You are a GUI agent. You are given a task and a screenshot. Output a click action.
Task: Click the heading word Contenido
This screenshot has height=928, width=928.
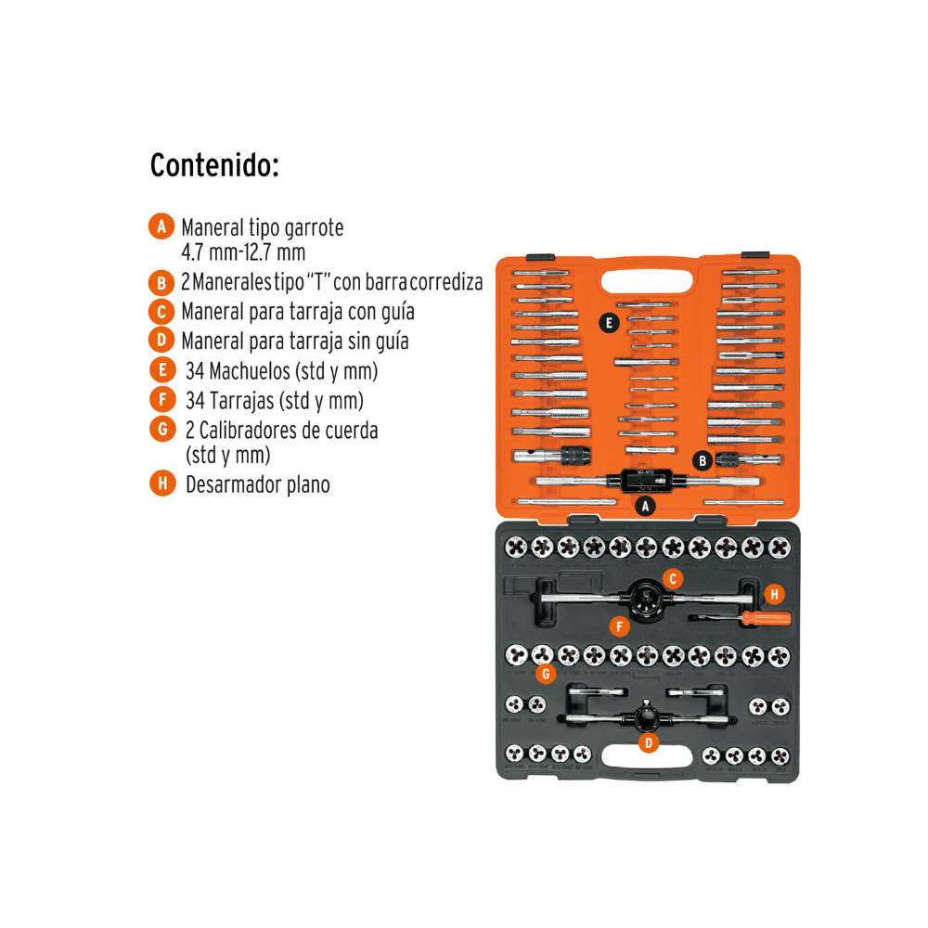tap(213, 166)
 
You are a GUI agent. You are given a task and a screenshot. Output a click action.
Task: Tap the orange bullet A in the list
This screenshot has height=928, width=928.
tap(161, 226)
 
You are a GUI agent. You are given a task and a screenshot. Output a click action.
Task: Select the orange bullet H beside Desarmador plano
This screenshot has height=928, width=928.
tap(161, 483)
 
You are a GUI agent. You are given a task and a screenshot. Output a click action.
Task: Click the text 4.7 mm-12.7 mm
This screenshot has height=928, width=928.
tap(243, 251)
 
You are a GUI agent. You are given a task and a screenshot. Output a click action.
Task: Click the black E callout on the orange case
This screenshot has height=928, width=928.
tap(608, 323)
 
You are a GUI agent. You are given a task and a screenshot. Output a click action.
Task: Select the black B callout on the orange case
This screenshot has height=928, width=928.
tap(703, 459)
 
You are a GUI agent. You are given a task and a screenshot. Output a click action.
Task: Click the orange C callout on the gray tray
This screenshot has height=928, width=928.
tap(675, 578)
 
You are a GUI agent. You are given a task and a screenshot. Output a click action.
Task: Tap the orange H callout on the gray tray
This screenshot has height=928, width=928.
tap(774, 593)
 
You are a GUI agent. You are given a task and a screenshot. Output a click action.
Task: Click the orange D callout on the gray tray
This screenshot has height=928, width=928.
tap(649, 741)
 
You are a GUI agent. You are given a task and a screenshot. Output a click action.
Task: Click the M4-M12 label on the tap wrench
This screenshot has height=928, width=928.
tap(646, 473)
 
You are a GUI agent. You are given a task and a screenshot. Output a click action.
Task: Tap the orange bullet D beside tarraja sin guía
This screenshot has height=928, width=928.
tap(161, 341)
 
